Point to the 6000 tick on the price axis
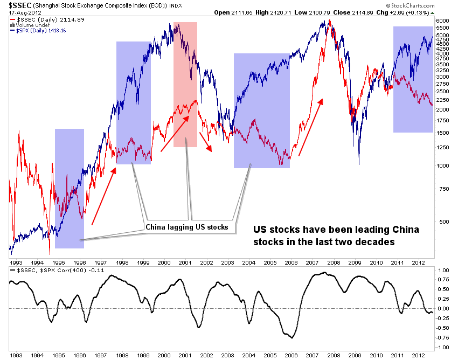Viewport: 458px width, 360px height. pyautogui.click(x=442, y=20)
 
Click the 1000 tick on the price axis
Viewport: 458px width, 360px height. pyautogui.click(x=442, y=165)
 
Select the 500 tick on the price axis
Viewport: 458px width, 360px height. pyautogui.click(x=441, y=221)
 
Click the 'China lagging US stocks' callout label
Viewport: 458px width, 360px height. pyautogui.click(x=187, y=227)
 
